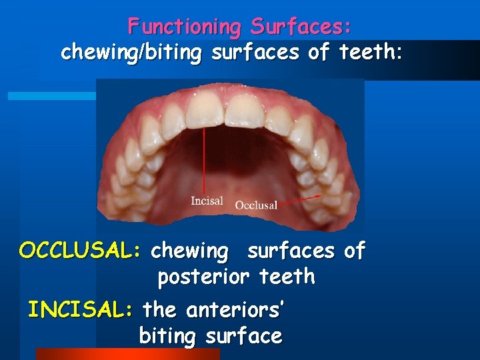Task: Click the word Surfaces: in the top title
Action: click(x=301, y=27)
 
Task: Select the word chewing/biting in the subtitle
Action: click(x=130, y=53)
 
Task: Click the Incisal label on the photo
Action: click(x=207, y=201)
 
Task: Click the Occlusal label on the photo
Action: click(x=256, y=205)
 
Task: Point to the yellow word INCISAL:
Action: click(x=81, y=309)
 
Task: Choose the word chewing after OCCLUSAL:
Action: click(x=189, y=251)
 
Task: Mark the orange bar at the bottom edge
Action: click(x=127, y=354)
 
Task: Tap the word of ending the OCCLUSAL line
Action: click(x=354, y=251)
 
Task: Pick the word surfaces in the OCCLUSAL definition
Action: click(x=291, y=251)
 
